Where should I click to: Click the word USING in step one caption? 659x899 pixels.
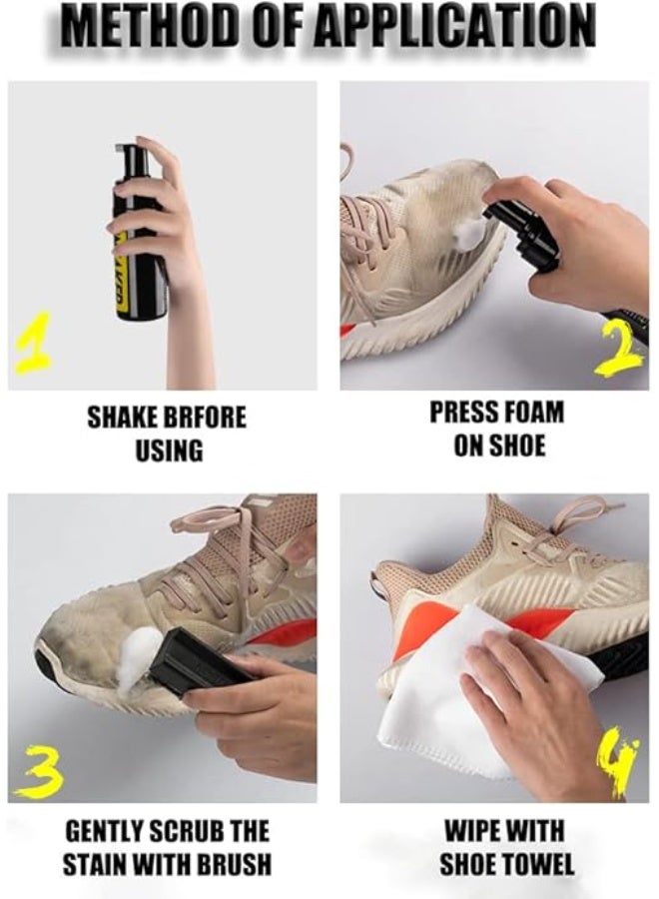(168, 450)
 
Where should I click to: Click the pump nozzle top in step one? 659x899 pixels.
(127, 155)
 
